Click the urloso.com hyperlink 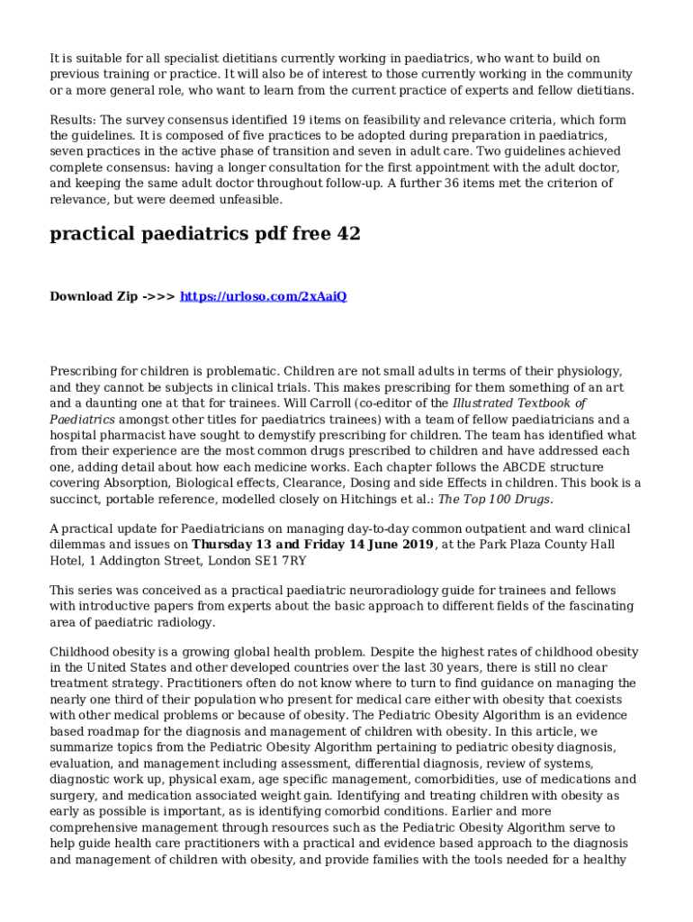pyautogui.click(x=264, y=296)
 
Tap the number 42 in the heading pyautogui.click(x=347, y=234)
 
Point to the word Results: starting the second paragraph pyautogui.click(x=72, y=120)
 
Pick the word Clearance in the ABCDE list pyautogui.click(x=296, y=484)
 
